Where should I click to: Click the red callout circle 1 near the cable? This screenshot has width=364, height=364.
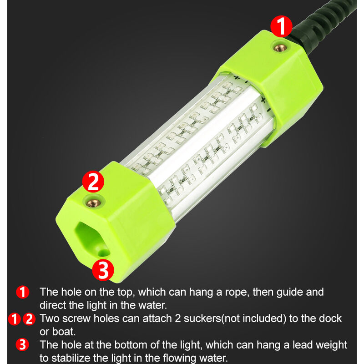click(x=281, y=26)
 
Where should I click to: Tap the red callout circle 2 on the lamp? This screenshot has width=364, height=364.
click(x=93, y=182)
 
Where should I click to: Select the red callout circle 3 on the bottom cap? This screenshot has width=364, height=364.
click(x=103, y=270)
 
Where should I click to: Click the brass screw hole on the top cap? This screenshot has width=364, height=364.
click(x=280, y=48)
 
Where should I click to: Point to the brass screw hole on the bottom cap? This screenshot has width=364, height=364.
click(x=94, y=203)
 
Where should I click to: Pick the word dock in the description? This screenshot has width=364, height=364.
click(x=330, y=318)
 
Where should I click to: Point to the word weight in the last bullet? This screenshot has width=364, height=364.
click(x=331, y=345)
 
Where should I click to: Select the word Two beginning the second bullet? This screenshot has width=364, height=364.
click(x=49, y=318)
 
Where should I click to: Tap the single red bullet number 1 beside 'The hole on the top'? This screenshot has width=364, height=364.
click(x=22, y=292)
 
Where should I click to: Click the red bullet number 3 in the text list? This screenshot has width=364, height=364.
click(x=22, y=345)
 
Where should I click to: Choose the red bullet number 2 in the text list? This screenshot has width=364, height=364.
click(x=29, y=319)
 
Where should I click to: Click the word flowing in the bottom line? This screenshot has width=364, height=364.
click(x=180, y=359)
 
